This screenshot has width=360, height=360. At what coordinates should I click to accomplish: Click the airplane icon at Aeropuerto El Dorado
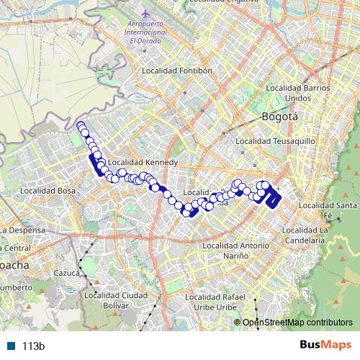tap(147, 14)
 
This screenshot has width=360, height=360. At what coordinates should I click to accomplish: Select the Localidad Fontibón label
tap(177, 71)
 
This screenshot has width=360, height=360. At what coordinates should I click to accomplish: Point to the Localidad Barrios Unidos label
tap(293, 92)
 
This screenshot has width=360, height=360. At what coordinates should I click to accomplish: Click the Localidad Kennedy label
tap(150, 163)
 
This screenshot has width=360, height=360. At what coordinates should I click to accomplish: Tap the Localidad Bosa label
tap(48, 191)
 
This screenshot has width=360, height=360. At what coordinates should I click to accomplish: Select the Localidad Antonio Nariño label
tap(235, 250)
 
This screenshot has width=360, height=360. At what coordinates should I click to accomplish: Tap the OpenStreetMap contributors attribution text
tap(297, 322)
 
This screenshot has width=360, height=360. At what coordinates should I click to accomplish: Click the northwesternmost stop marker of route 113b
tap(80, 127)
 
